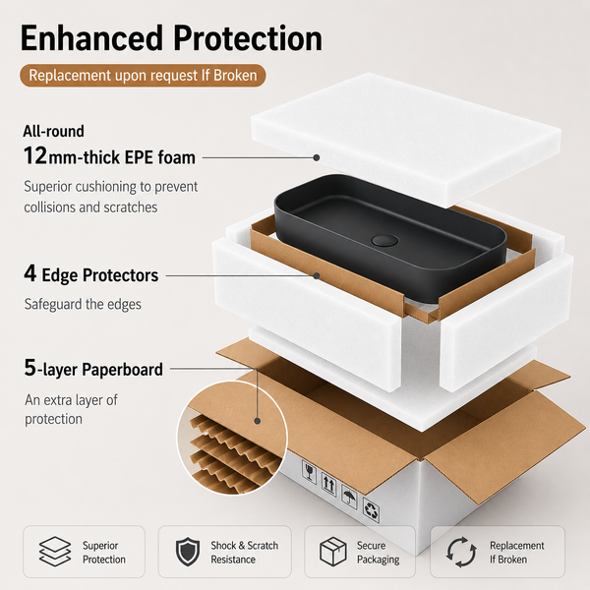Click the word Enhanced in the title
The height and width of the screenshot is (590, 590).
point(91,38)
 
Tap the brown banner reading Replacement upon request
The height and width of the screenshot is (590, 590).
point(143,76)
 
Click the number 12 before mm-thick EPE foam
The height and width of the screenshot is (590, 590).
point(35,155)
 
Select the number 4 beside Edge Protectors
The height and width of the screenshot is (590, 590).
point(30,273)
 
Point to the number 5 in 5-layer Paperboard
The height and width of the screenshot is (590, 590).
point(30,367)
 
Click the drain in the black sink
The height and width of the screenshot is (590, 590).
point(384,240)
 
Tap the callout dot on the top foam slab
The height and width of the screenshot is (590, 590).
point(317,157)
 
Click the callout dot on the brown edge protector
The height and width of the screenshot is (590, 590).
point(317,275)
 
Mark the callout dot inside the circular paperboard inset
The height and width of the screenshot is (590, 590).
point(258,421)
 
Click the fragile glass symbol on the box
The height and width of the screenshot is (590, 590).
point(310,471)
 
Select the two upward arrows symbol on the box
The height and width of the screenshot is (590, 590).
point(328,484)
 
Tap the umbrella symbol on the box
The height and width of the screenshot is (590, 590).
point(349,497)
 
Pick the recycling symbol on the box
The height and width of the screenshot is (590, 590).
point(371,510)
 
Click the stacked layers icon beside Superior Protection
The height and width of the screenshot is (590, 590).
point(55,552)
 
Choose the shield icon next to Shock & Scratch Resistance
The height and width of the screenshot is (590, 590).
point(188,552)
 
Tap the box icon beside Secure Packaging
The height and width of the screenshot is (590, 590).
point(333,552)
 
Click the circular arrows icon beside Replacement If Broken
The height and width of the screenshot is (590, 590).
point(462,552)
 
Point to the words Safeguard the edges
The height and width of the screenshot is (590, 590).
point(83,304)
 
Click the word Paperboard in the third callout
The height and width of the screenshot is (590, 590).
point(122,370)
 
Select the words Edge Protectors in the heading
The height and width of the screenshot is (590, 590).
point(100,275)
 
